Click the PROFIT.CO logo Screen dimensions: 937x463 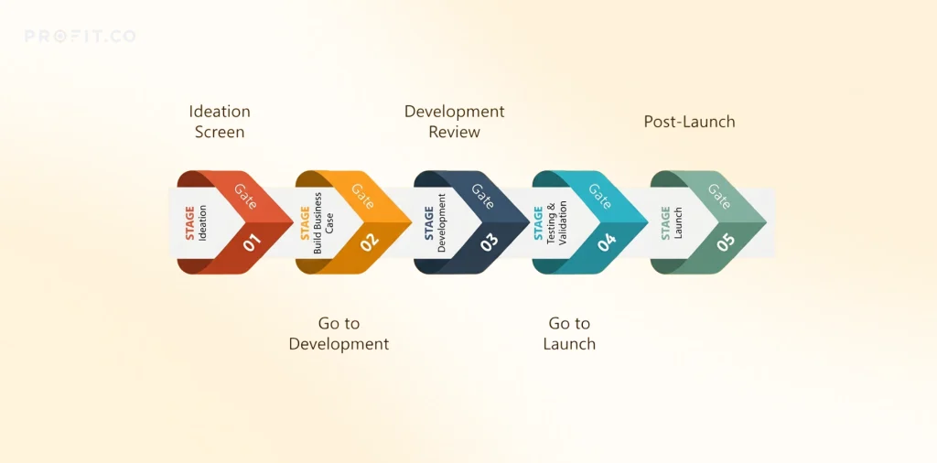pyautogui.click(x=81, y=37)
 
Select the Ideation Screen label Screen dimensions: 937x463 pyautogui.click(x=220, y=122)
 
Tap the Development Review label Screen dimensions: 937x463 pyautogui.click(x=455, y=122)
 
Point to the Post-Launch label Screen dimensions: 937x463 pyautogui.click(x=690, y=122)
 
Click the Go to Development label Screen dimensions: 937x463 pyautogui.click(x=339, y=334)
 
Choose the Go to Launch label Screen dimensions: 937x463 pyautogui.click(x=569, y=334)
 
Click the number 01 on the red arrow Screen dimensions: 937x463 pyautogui.click(x=253, y=242)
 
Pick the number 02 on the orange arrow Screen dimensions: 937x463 pyautogui.click(x=370, y=242)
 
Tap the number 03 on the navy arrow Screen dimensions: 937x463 pyautogui.click(x=489, y=242)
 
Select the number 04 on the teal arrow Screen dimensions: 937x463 pyautogui.click(x=607, y=242)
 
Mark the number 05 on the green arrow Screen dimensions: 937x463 pyautogui.click(x=726, y=242)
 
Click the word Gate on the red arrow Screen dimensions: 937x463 pyautogui.click(x=245, y=196)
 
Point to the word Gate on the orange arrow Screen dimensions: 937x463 pyautogui.click(x=363, y=196)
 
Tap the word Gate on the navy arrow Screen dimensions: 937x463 pyautogui.click(x=482, y=196)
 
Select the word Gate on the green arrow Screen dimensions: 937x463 pyautogui.click(x=719, y=196)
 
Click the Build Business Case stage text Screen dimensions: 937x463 pyautogui.click(x=323, y=223)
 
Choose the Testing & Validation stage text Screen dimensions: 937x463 pyautogui.click(x=557, y=223)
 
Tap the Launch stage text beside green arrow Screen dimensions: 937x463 pyautogui.click(x=678, y=223)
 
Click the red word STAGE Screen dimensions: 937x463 pyautogui.click(x=190, y=223)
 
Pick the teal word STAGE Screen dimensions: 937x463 pyautogui.click(x=538, y=223)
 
